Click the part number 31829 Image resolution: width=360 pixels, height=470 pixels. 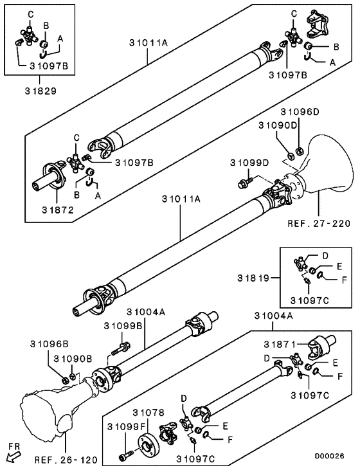coord(40,91)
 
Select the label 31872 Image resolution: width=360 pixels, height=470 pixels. coord(58,210)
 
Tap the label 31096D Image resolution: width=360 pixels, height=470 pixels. coord(300,112)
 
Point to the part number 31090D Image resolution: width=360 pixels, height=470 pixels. coord(278,125)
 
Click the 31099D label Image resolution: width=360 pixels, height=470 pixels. coord(249,163)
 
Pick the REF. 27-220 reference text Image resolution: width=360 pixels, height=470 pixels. coord(319,223)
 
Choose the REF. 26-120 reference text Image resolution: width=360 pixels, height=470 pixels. coord(66,460)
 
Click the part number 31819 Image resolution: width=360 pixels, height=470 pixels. coord(253,278)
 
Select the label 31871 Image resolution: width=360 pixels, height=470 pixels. coord(280,345)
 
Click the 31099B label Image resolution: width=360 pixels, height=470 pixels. coord(123,326)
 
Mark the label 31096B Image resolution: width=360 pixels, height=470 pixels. coord(49,345)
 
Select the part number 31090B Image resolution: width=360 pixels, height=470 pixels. coord(73,359)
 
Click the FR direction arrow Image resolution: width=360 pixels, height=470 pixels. coord(14,457)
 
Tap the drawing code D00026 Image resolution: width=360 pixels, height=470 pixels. coord(329,456)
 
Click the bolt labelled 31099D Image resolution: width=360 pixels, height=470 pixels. coord(244,182)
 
